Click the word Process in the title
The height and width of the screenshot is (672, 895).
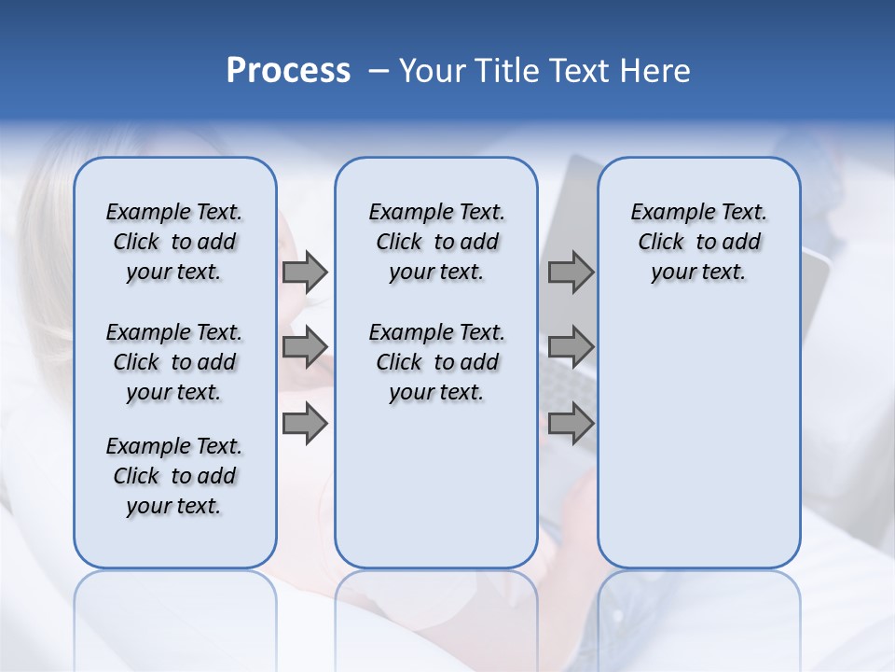pos(288,71)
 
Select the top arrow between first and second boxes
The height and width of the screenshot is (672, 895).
pos(305,272)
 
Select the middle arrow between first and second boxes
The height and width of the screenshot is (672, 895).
pos(305,347)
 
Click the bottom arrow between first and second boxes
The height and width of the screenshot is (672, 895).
pos(305,424)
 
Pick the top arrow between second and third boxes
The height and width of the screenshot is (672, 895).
pos(571,272)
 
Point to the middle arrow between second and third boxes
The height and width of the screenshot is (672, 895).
pos(571,347)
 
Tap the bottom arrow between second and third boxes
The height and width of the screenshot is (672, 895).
pos(571,424)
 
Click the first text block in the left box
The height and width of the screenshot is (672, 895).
pos(174,242)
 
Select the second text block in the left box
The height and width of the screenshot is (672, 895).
pos(174,362)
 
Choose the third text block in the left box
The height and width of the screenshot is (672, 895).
pos(174,476)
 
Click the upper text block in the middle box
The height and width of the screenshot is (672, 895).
pos(436,242)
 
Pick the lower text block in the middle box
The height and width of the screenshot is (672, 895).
pos(436,362)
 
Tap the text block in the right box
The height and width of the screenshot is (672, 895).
pos(698,242)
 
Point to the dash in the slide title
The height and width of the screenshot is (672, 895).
pos(378,72)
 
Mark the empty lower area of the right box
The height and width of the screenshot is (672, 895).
pos(698,429)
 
